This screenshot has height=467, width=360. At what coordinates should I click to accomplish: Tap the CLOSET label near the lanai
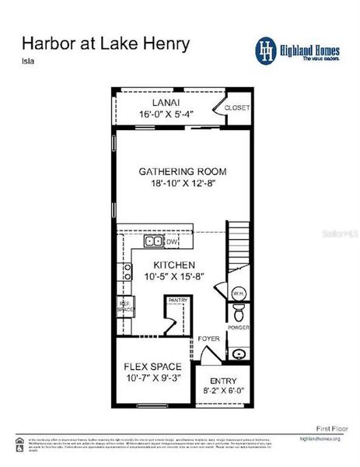tap(237, 108)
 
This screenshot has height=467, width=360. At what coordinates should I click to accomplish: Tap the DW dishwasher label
tap(172, 242)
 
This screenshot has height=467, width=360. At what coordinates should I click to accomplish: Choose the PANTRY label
tap(178, 300)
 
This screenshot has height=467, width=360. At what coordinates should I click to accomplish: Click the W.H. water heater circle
tap(238, 293)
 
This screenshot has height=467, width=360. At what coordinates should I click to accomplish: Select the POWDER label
tap(239, 328)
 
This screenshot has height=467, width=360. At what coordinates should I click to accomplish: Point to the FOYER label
tap(208, 339)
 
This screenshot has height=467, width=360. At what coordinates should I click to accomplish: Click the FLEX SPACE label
tap(153, 367)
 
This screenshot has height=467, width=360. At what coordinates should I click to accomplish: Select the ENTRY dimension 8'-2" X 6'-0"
tap(223, 391)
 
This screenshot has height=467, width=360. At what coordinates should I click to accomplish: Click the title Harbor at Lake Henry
tap(105, 44)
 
